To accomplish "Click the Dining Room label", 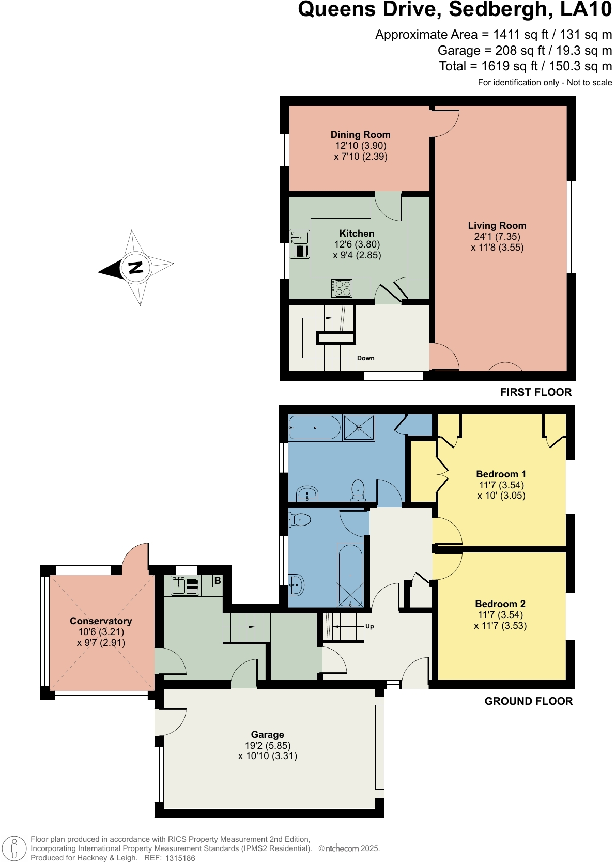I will click(360, 134).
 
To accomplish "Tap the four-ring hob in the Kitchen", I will click(342, 288).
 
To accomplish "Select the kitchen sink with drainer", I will click(300, 244).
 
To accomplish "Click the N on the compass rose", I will click(135, 268).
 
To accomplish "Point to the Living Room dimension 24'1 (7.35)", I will click(497, 237).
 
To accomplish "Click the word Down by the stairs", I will click(366, 358).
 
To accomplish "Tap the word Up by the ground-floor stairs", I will click(369, 626).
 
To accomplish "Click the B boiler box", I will click(218, 581).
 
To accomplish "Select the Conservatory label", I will click(101, 621).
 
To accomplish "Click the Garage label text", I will click(267, 735).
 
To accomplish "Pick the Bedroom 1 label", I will click(501, 474).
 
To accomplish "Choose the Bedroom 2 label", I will click(500, 604).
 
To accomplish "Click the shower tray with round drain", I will click(359, 428).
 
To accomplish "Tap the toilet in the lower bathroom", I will click(300, 519).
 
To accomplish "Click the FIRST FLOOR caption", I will click(536, 392).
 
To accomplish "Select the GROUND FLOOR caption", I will click(529, 701).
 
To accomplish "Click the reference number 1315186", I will click(180, 858).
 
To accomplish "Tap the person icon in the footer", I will click(14, 848).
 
